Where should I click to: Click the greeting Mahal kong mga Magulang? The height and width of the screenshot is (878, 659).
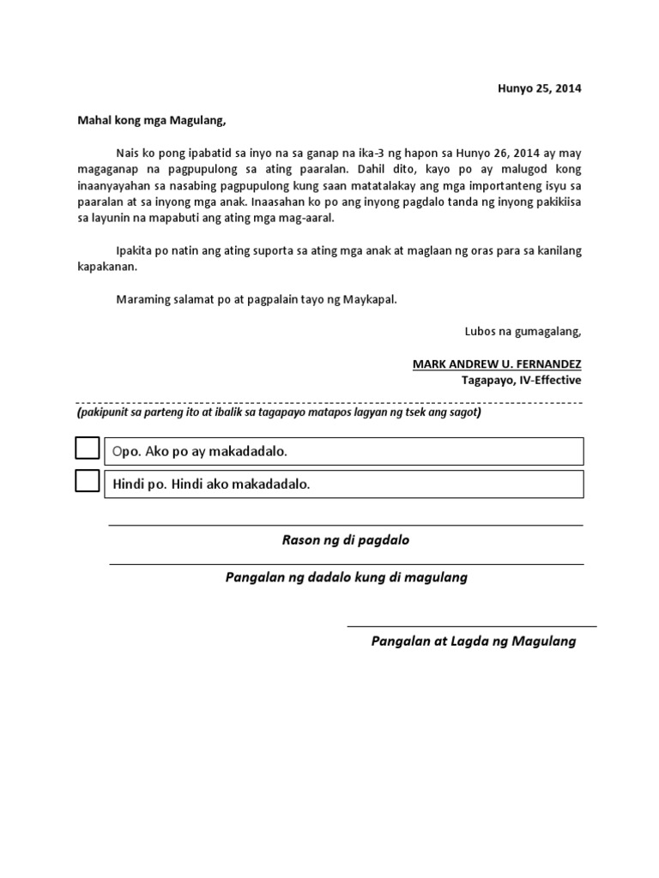click(152, 121)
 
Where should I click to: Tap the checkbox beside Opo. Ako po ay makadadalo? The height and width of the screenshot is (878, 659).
click(88, 448)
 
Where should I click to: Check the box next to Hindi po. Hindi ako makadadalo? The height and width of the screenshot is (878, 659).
click(88, 482)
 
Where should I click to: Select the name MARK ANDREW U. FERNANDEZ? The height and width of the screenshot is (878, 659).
click(497, 364)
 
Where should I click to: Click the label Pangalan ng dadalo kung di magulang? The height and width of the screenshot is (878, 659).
click(346, 577)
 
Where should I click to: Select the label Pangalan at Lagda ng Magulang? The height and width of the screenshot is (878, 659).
click(473, 640)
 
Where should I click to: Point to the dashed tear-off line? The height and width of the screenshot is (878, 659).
click(329, 402)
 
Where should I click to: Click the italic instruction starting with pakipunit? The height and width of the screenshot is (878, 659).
click(279, 412)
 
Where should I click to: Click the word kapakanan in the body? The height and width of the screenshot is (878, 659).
click(106, 267)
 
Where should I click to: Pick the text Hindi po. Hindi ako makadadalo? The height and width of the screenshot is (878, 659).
click(211, 484)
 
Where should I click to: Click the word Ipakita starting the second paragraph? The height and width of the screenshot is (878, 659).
click(136, 250)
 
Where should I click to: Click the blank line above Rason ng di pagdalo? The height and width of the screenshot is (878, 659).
click(346, 526)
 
